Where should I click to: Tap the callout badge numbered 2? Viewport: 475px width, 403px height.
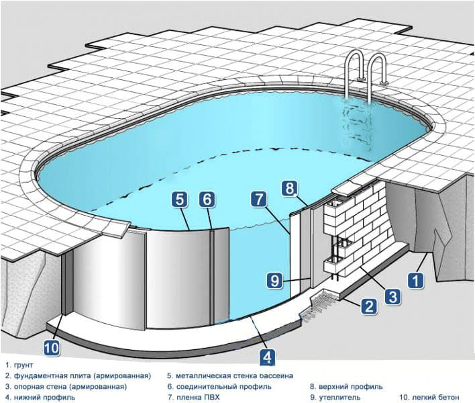pos(368,307)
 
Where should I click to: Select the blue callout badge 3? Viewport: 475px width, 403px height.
pos(393,295)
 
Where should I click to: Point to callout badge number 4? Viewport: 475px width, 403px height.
pos(266,356)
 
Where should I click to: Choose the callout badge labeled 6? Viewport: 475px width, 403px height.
pos(207,199)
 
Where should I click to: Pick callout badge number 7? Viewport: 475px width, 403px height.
pos(260,199)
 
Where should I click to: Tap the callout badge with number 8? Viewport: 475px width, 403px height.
pos(289,189)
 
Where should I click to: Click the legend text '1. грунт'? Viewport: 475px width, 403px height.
pos(19,365)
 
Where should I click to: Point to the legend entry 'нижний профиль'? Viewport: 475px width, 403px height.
pos(41,398)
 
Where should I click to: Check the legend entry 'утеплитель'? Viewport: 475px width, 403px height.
pos(336,398)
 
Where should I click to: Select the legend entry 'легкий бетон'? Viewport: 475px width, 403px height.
pos(429,398)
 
